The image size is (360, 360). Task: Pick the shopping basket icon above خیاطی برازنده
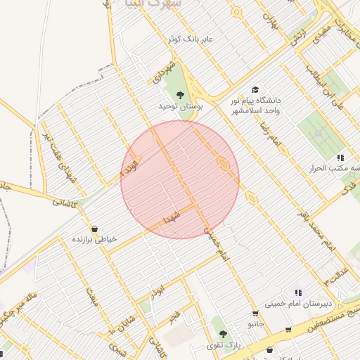pyautogui.click(x=95, y=229)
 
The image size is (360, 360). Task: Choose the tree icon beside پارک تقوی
pyautogui.click(x=223, y=334)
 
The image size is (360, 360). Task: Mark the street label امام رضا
pyautogui.click(x=270, y=131)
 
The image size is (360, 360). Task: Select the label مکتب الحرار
pyautogui.click(x=331, y=169)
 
